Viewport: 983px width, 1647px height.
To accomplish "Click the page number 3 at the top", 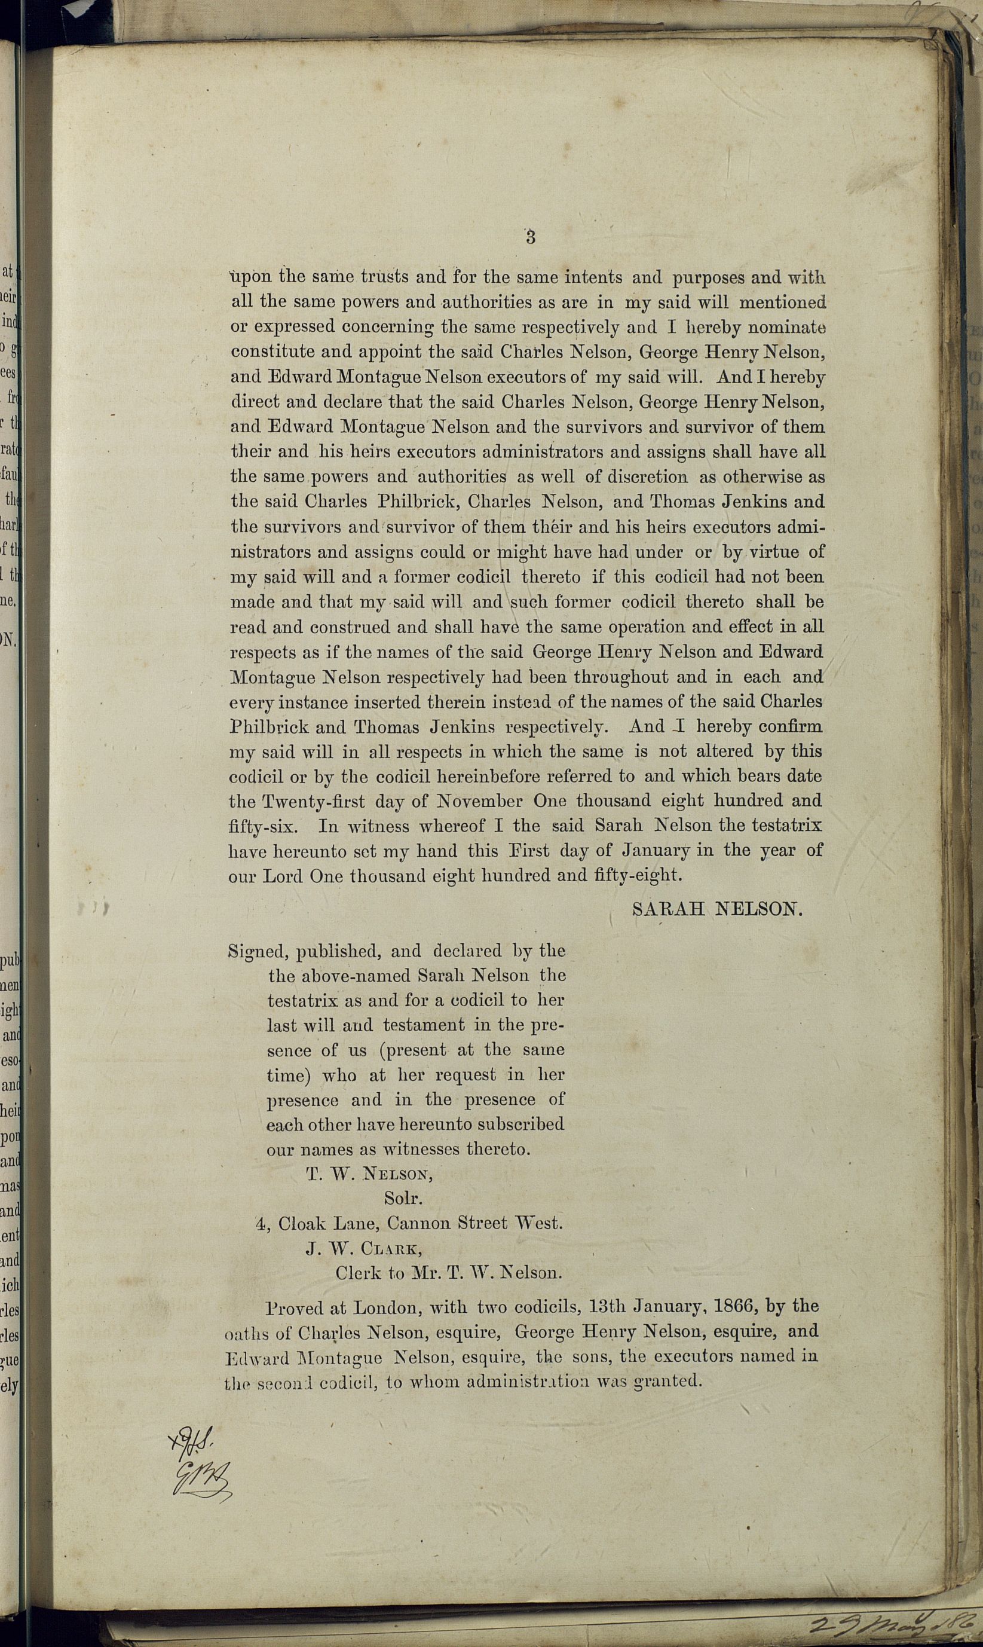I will click(x=531, y=237).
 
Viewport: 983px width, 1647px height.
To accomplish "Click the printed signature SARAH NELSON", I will click(x=716, y=909).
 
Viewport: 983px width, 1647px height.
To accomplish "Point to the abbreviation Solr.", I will click(x=403, y=1199).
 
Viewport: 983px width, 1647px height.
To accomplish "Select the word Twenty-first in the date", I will click(x=313, y=801).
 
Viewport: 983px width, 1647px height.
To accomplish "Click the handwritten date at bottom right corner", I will click(x=894, y=1625).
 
